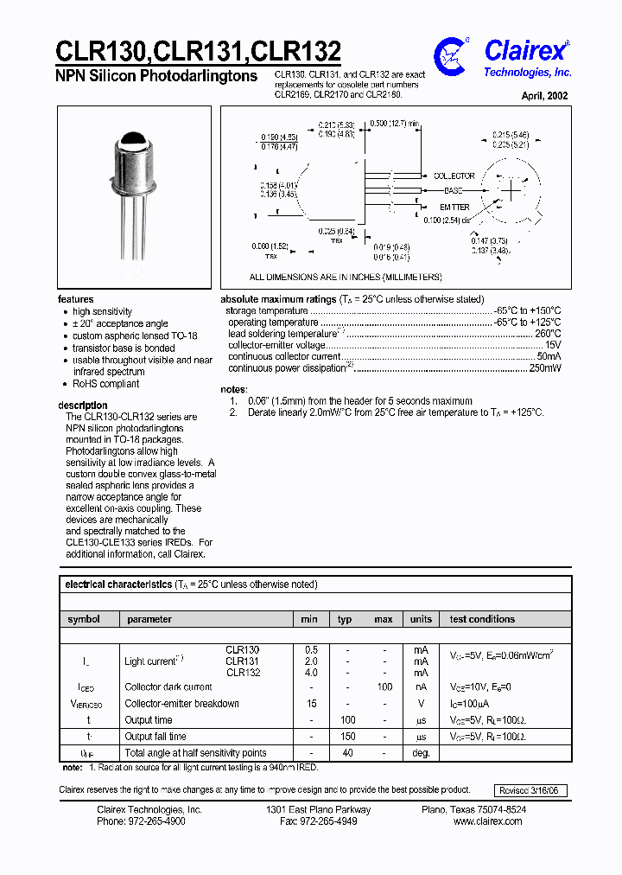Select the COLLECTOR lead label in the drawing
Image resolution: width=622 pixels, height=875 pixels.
454,176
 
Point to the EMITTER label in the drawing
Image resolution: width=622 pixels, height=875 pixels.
454,208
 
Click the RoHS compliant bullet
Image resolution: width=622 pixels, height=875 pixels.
105,384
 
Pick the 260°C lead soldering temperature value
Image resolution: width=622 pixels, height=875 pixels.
547,334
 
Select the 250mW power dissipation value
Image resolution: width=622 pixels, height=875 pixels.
544,368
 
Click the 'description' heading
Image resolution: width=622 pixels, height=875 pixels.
83,406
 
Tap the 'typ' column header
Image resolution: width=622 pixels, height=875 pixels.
345,619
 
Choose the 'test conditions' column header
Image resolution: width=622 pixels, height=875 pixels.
482,619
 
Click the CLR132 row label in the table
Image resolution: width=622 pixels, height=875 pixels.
243,672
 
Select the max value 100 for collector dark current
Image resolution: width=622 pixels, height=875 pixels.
384,687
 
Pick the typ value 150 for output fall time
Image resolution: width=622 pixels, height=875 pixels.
347,737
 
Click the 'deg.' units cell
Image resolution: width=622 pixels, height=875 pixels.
420,753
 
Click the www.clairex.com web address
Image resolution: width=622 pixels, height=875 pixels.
487,821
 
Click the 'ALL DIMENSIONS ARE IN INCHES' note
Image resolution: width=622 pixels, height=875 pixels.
346,278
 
